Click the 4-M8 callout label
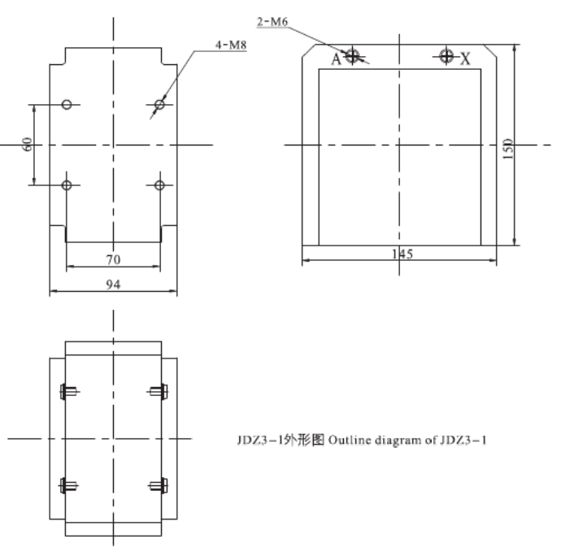coord(231,46)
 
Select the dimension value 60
coord(27,145)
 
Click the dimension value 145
coord(400,254)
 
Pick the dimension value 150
coord(508,147)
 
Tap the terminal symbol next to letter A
coord(351,56)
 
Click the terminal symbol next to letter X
coord(446,56)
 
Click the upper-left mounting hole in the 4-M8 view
coord(67,104)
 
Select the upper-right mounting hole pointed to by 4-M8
coord(159,104)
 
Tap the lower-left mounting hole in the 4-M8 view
coord(67,185)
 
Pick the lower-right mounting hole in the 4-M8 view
coord(159,185)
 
